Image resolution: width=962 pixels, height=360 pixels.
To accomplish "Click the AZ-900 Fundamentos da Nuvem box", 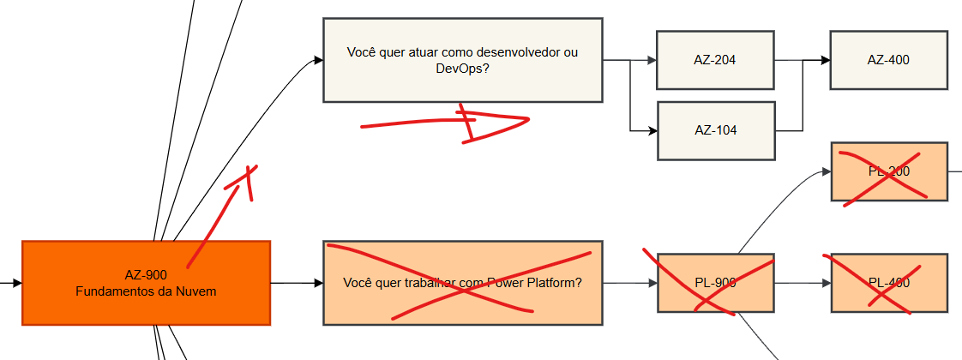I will (x=146, y=283).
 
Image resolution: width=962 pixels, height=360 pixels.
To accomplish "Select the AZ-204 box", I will (x=715, y=60).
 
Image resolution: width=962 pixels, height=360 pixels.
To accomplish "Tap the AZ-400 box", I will (x=888, y=60).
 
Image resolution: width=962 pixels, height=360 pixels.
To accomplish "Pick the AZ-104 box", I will (x=715, y=130).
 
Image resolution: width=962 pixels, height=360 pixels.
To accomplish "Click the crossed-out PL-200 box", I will (x=888, y=171).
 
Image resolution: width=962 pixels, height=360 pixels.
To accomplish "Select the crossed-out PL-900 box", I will (x=715, y=283).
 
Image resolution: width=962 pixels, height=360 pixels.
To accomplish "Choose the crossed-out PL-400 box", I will (x=888, y=283).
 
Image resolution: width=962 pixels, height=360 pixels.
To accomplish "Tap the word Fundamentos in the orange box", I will (x=111, y=291).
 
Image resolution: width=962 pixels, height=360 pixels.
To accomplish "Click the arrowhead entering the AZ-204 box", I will (x=652, y=60).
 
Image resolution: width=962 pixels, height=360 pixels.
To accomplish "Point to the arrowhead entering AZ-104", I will (x=652, y=131).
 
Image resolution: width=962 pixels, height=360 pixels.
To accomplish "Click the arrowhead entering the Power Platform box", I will (x=318, y=283).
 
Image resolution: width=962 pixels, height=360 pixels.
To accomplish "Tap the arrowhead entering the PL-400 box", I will (x=827, y=283).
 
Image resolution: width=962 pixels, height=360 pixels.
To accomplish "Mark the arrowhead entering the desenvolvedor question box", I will (x=318, y=60).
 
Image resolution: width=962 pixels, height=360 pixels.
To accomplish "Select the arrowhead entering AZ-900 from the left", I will (x=17, y=282).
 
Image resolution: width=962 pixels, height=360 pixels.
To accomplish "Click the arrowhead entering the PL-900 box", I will (x=652, y=283).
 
